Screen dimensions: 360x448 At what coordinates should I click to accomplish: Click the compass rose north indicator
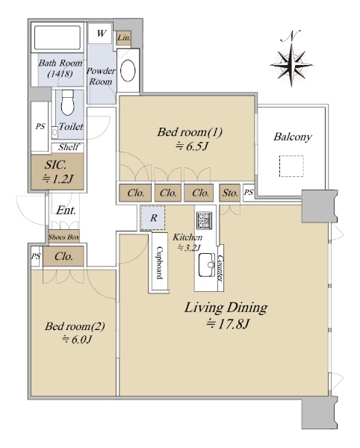pos(291,58)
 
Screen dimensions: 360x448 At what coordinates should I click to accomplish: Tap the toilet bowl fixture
pos(68,102)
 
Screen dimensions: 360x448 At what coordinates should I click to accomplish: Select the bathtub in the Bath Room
pos(58,38)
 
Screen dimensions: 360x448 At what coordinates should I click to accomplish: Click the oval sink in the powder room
pos(128,71)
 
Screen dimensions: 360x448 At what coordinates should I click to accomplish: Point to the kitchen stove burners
pos(205,220)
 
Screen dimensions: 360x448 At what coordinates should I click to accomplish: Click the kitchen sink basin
pos(207,264)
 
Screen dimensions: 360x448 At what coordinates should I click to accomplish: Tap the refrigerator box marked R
pos(153,218)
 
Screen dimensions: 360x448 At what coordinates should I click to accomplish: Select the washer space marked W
pos(100,34)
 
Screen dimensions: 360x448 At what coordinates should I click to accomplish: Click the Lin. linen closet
pos(124,38)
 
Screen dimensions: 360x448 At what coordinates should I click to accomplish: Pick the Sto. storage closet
pos(230,193)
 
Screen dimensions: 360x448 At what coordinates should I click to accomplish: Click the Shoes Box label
pos(63,237)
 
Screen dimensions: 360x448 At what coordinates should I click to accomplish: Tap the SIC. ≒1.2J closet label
pos(58,172)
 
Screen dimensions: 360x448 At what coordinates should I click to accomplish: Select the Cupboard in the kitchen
pos(159,262)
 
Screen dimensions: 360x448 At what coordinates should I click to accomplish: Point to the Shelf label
pos(69,147)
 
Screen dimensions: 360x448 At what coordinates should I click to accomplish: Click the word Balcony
pos(292,137)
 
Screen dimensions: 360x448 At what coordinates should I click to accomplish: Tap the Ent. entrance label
pos(66,211)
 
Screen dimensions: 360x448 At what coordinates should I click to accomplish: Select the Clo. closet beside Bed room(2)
pos(63,256)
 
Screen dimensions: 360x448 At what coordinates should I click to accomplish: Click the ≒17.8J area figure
pos(228,324)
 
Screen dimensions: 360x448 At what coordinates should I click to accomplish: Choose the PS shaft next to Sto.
pos(249,193)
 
